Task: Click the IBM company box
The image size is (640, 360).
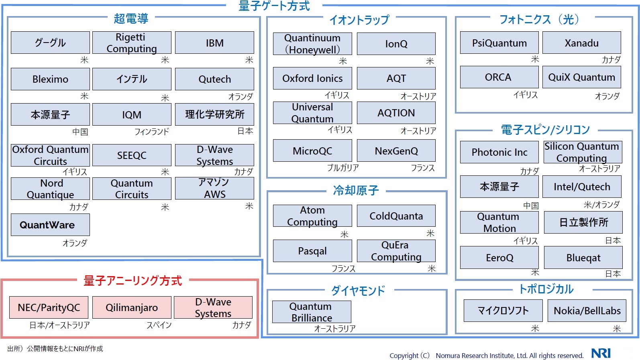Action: pyautogui.click(x=214, y=43)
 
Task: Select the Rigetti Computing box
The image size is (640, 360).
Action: pyautogui.click(x=132, y=43)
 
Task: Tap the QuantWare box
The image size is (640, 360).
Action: pyautogui.click(x=50, y=225)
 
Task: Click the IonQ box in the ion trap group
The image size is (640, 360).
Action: pyautogui.click(x=396, y=44)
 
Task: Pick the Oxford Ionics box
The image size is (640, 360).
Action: pyautogui.click(x=312, y=78)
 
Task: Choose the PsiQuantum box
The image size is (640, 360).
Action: pyautogui.click(x=499, y=43)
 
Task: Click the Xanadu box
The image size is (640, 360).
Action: pyautogui.click(x=581, y=43)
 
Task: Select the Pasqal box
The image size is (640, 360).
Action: pyautogui.click(x=312, y=251)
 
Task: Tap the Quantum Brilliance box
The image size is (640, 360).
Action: pyautogui.click(x=312, y=312)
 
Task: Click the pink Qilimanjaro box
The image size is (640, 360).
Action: pyautogui.click(x=132, y=307)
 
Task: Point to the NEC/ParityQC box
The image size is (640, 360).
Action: pyautogui.click(x=49, y=307)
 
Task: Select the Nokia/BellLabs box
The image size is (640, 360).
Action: pyautogui.click(x=587, y=311)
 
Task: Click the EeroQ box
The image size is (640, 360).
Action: pyautogui.click(x=499, y=258)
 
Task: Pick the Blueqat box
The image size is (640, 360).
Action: pyautogui.click(x=583, y=258)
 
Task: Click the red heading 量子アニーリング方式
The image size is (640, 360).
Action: pyautogui.click(x=132, y=281)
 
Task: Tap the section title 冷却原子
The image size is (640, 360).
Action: pyautogui.click(x=356, y=190)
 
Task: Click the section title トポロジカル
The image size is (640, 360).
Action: pyautogui.click(x=546, y=289)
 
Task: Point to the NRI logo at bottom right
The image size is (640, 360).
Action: pyautogui.click(x=601, y=353)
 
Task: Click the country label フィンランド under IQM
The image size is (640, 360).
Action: pyautogui.click(x=151, y=132)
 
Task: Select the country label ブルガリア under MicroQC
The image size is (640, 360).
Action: pyautogui.click(x=342, y=168)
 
